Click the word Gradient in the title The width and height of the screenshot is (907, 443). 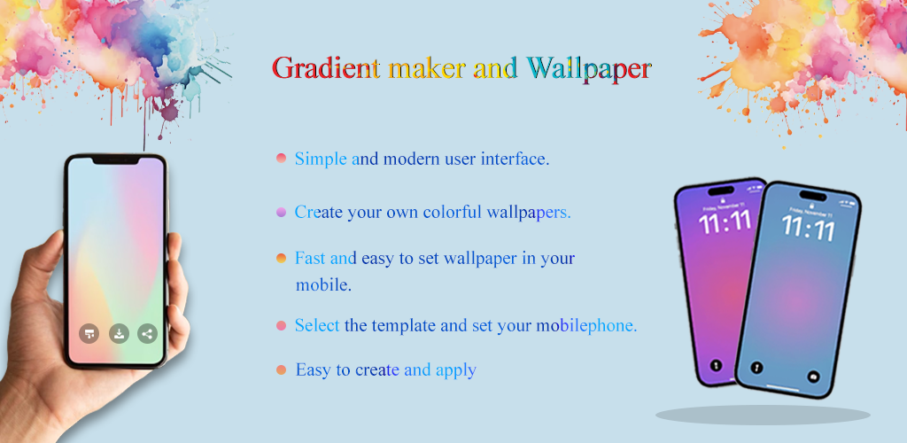[x=326, y=68]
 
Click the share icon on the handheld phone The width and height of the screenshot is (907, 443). [x=148, y=334]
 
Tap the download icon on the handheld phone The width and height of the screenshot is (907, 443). [x=119, y=334]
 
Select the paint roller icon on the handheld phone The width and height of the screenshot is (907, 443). [x=89, y=334]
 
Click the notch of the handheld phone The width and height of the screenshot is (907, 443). [x=116, y=160]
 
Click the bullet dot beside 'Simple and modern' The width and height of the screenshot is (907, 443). [x=281, y=158]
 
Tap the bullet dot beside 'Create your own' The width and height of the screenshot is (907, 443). [x=281, y=213]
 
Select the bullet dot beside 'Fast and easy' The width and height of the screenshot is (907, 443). [x=281, y=258]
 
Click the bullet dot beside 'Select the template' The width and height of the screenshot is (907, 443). [x=281, y=325]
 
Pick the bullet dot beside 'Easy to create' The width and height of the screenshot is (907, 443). [x=281, y=369]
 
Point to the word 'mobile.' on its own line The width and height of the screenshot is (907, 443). [x=323, y=284]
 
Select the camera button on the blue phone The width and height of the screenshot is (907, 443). [x=813, y=376]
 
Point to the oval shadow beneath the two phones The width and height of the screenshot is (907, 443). [x=763, y=415]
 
